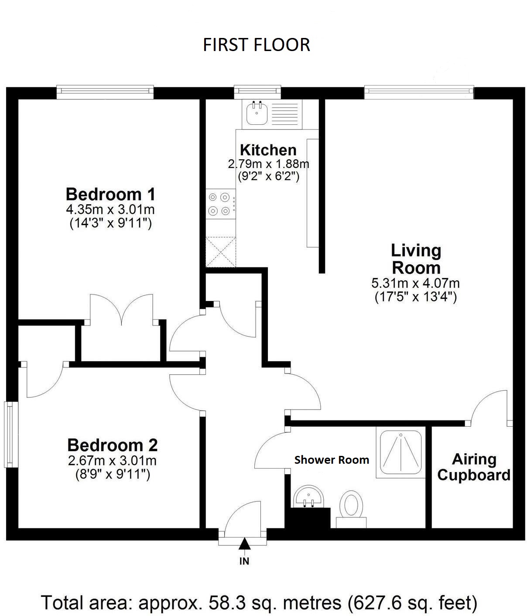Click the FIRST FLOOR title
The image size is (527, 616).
tap(257, 45)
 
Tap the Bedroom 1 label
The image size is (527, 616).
tap(110, 193)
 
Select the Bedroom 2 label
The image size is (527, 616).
tap(112, 445)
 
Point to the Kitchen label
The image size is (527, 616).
tap(268, 150)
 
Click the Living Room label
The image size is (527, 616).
tap(416, 259)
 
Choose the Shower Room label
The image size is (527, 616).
tap(332, 460)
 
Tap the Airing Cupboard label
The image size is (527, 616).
tap(474, 467)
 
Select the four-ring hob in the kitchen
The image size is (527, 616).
tap(219, 204)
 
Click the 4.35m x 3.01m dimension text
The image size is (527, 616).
tap(110, 209)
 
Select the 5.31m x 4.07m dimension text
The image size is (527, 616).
tap(415, 283)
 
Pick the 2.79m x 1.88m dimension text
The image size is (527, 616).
tap(268, 164)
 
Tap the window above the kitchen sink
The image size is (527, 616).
tap(257, 91)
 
